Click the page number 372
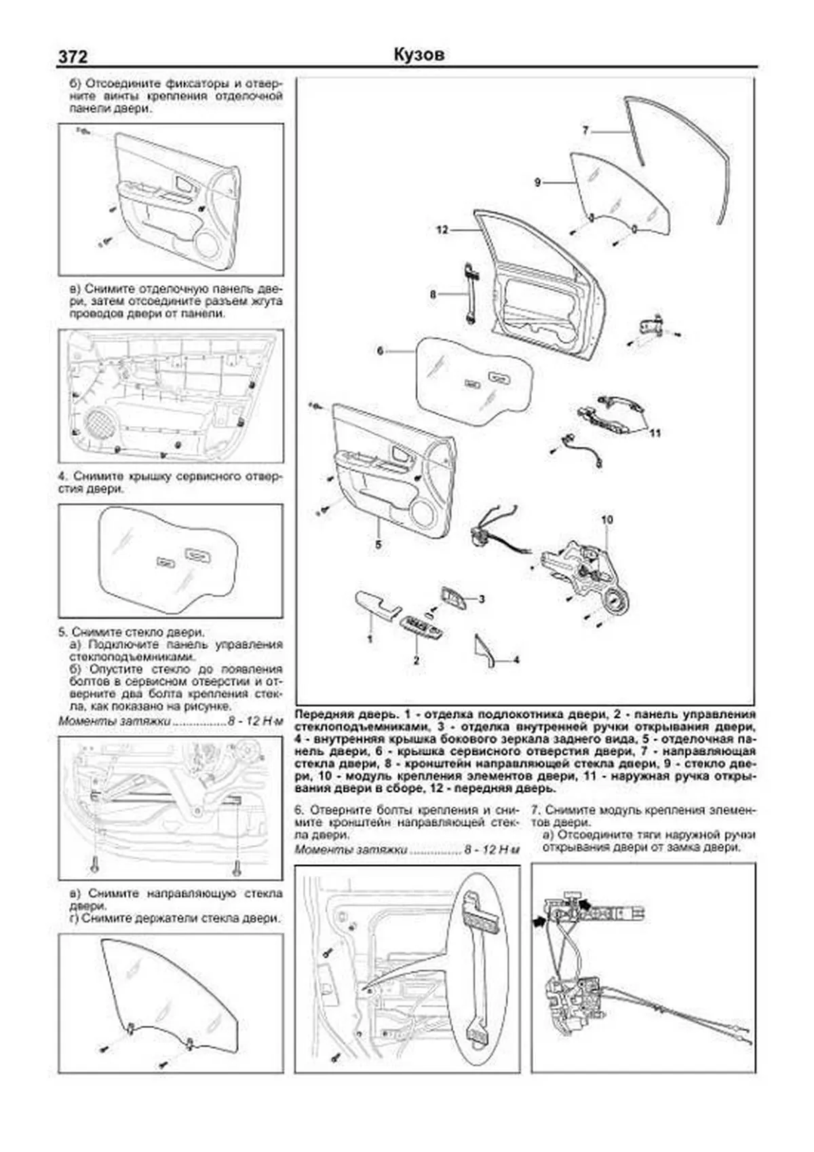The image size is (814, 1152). click(x=73, y=57)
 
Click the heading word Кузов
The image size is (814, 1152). click(x=419, y=54)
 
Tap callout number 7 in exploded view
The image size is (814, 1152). click(x=585, y=130)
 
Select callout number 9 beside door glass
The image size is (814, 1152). click(x=537, y=182)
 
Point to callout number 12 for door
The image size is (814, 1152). click(x=442, y=230)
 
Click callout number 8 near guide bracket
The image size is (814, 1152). click(x=433, y=295)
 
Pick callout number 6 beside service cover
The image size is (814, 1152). click(x=380, y=351)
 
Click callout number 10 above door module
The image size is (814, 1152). click(x=606, y=519)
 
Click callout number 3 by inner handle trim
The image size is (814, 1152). click(x=482, y=599)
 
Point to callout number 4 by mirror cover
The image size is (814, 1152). click(x=516, y=659)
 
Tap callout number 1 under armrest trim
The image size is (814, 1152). click(x=370, y=639)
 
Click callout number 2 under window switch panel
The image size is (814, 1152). click(x=416, y=659)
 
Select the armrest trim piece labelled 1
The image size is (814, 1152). click(x=374, y=604)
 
